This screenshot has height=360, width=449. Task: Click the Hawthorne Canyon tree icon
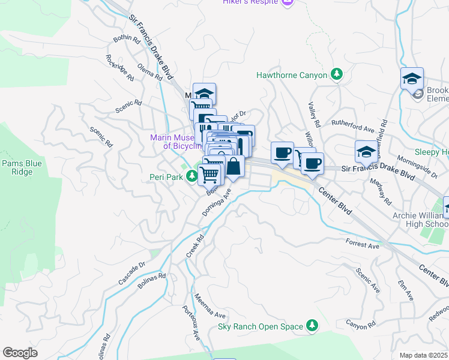click(337, 75)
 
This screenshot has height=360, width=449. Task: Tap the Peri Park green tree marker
click(191, 176)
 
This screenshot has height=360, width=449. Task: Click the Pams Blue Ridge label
click(21, 167)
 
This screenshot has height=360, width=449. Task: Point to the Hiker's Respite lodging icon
click(288, 3)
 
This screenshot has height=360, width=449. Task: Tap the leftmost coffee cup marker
click(282, 152)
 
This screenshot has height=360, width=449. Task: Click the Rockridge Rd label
click(119, 68)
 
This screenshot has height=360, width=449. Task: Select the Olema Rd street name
click(149, 72)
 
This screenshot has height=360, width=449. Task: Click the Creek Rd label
click(195, 246)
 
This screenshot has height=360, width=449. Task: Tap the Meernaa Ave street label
click(209, 307)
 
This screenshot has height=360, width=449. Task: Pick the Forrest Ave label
click(363, 244)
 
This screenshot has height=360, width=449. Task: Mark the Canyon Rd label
click(360, 324)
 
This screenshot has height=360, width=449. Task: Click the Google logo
click(20, 352)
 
